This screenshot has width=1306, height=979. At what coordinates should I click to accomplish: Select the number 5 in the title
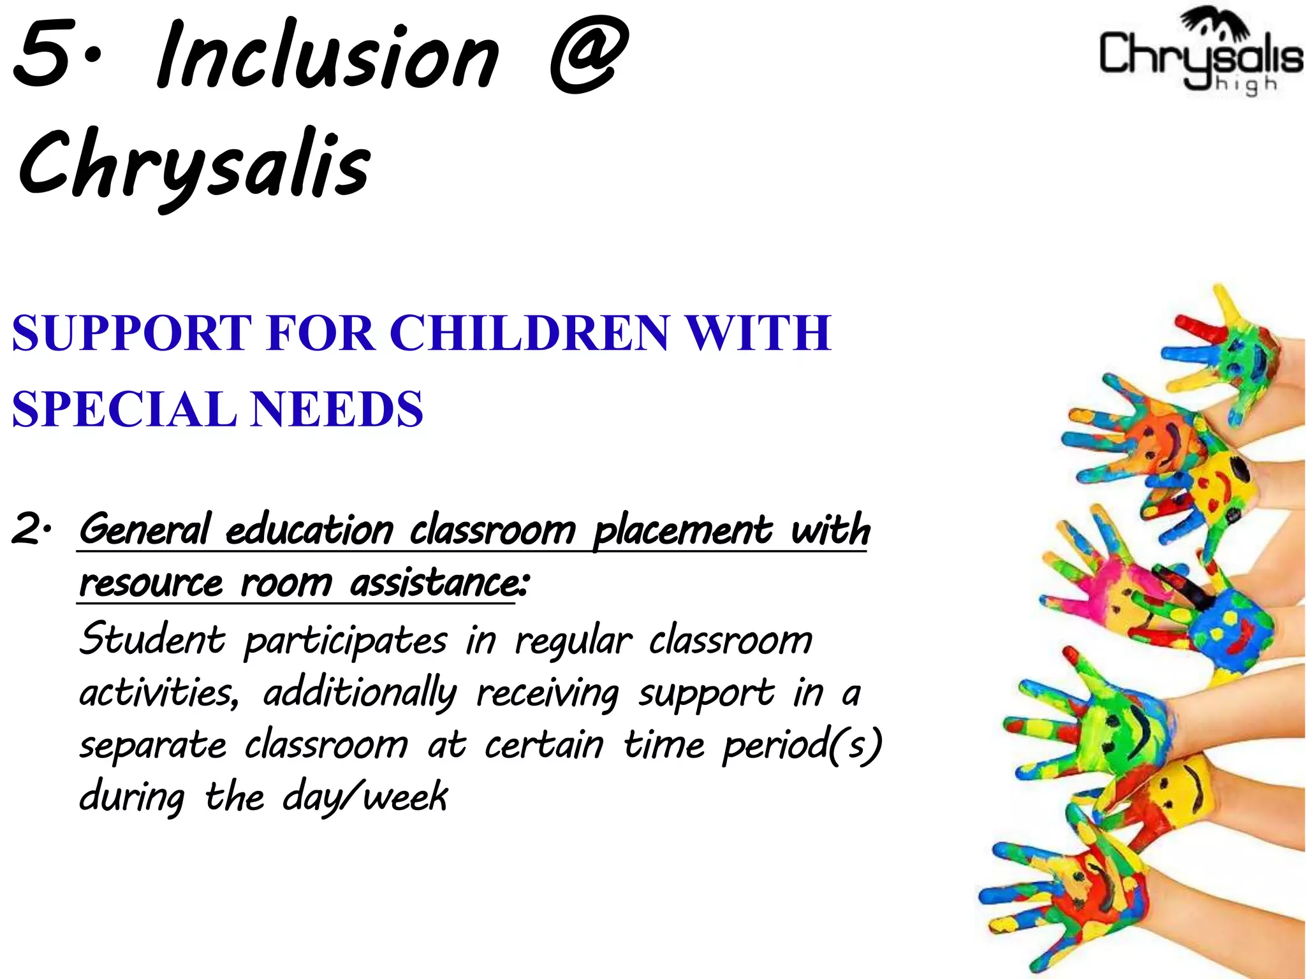coord(41,55)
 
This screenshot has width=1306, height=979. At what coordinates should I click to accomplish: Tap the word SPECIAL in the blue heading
coord(124,409)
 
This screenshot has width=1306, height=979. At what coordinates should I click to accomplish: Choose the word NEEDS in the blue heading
coord(337,409)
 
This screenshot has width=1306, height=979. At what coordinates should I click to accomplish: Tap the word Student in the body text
coord(152,639)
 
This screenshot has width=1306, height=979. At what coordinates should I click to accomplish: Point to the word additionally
coord(360,693)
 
